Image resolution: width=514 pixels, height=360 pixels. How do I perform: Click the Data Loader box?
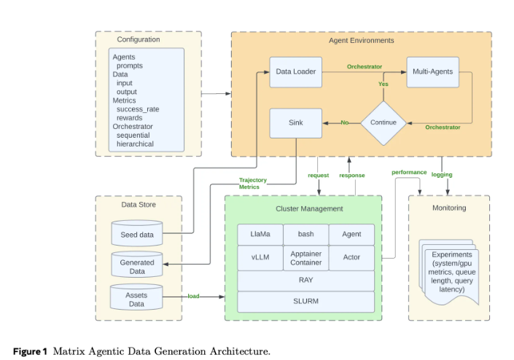pyautogui.click(x=295, y=71)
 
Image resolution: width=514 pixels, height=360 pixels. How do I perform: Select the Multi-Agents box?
pyautogui.click(x=432, y=71)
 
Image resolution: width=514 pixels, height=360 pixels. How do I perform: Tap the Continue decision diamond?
pyautogui.click(x=383, y=122)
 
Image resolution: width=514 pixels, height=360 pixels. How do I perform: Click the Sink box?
pyautogui.click(x=295, y=122)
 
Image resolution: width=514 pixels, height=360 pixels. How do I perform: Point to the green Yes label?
pyautogui.click(x=383, y=84)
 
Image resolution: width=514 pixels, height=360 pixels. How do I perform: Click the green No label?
pyautogui.click(x=344, y=122)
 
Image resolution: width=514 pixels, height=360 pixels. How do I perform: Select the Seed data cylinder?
pyautogui.click(x=136, y=233)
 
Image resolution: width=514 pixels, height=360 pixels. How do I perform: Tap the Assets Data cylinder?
pyautogui.click(x=136, y=299)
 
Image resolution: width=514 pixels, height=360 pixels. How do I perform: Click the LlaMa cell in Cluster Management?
pyautogui.click(x=260, y=235)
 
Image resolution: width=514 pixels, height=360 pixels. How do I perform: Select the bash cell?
pyautogui.click(x=305, y=235)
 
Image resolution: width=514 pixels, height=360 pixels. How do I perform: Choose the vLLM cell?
pyautogui.click(x=260, y=257)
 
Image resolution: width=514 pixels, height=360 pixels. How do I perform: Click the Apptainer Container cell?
pyautogui.click(x=305, y=257)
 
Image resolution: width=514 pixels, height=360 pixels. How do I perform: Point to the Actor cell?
pyautogui.click(x=351, y=257)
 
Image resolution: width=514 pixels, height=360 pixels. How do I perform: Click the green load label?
pyautogui.click(x=193, y=297)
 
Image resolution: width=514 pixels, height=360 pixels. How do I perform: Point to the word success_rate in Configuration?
pyautogui.click(x=137, y=109)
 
